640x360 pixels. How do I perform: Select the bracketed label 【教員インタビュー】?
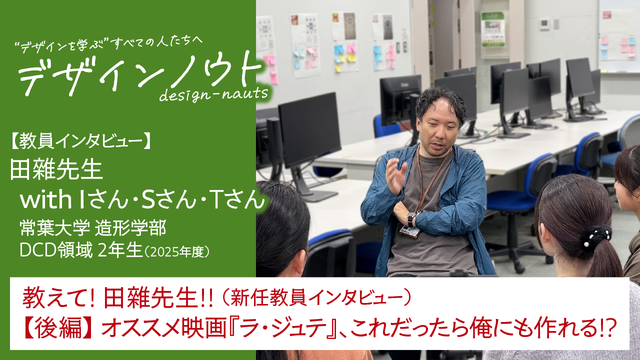point(80,142)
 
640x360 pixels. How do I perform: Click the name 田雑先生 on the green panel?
point(56,170)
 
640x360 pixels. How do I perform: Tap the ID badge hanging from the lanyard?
point(408,231)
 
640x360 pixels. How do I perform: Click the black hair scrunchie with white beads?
point(595,236)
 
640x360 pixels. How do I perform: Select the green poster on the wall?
point(493,29)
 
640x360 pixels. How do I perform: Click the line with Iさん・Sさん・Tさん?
point(141,200)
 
